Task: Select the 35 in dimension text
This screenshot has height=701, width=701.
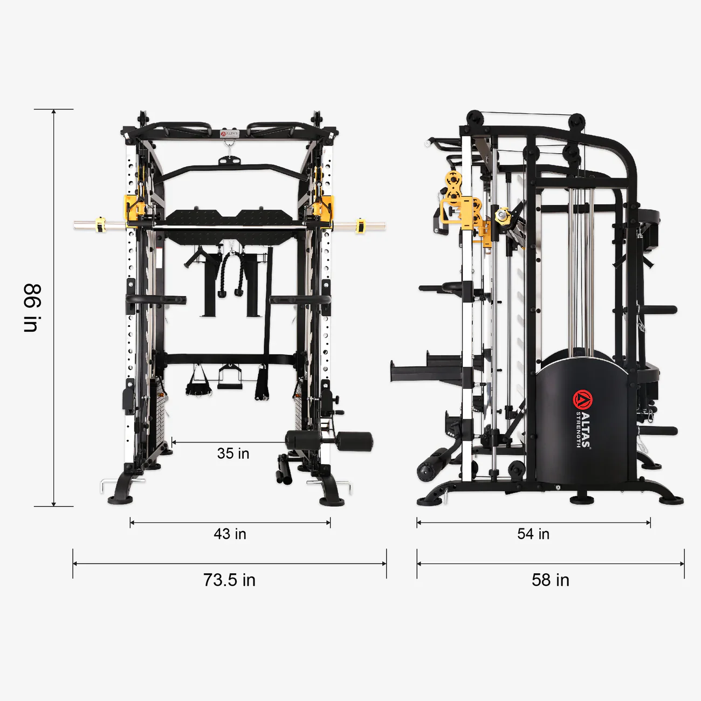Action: click(233, 453)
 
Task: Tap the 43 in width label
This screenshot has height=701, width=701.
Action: click(230, 534)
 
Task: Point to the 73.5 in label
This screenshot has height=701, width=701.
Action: click(229, 580)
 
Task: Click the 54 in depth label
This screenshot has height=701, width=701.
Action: click(533, 534)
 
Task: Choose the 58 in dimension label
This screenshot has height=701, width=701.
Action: click(550, 580)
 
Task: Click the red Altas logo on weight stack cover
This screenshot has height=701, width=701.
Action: click(582, 400)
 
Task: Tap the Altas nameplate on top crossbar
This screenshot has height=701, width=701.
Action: click(229, 133)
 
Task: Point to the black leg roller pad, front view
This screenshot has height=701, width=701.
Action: click(353, 441)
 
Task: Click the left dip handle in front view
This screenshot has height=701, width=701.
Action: click(156, 299)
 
